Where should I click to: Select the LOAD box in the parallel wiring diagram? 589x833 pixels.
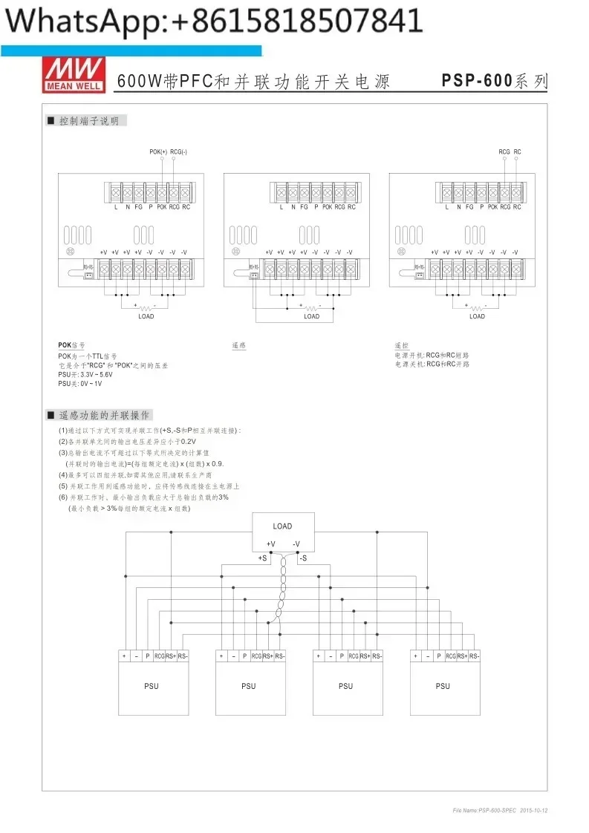point(282,532)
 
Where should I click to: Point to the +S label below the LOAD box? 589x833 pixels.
point(263,558)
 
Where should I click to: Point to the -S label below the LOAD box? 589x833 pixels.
point(303,558)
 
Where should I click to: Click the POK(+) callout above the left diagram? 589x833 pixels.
point(158,151)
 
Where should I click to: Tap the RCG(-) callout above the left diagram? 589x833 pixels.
point(178,151)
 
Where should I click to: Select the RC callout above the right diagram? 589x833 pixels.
point(517,151)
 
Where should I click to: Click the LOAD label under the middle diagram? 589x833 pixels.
point(312,316)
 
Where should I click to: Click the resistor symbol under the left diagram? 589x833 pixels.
point(146,307)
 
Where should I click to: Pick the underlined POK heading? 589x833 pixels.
point(66,345)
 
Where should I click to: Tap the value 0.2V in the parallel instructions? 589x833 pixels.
point(189,441)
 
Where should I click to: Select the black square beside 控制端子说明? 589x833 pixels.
point(51,121)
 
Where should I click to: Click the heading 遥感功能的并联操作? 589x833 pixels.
point(105,415)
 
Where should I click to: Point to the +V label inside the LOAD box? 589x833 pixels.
point(271,544)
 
